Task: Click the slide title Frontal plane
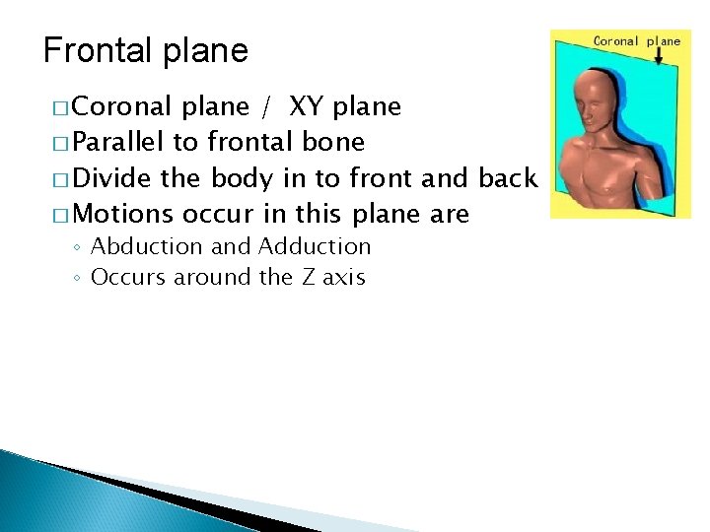[146, 50]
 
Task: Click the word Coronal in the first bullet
[125, 106]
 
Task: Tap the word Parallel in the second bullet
[119, 142]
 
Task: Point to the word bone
[335, 142]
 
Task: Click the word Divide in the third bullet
[111, 177]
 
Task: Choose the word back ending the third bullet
[507, 177]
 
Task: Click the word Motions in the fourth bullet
[123, 213]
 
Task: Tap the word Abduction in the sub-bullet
[147, 246]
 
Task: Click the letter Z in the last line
[306, 277]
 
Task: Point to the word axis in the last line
[343, 277]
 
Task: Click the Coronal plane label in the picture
[636, 41]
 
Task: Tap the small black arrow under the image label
[658, 57]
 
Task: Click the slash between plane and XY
[267, 106]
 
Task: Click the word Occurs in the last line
[129, 277]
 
